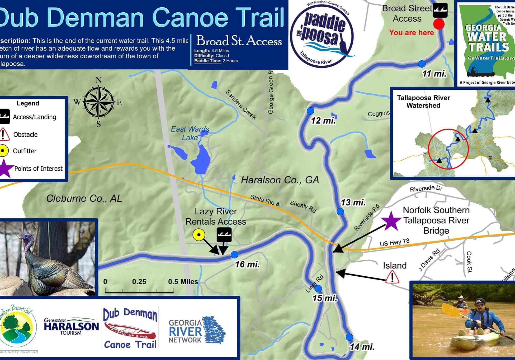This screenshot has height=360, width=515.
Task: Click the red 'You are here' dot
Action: coord(439,24)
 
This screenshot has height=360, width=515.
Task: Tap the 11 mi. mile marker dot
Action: coord(422,64)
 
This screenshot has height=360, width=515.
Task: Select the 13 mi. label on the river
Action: coord(353,203)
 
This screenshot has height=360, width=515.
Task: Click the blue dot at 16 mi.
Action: coord(234,255)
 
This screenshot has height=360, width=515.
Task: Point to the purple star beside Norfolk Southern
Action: coord(391,220)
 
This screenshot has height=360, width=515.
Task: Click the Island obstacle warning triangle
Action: coord(392,277)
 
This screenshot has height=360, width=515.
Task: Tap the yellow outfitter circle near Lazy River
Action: coord(199,235)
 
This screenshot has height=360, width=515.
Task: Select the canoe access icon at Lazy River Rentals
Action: coord(224,234)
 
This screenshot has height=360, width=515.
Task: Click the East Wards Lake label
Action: coord(190,133)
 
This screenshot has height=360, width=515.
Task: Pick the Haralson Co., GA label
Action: coord(280,180)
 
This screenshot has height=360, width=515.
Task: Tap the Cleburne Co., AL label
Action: coord(84,198)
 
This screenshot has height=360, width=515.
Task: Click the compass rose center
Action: coord(99,102)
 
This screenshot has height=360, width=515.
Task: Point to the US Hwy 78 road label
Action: coord(394,242)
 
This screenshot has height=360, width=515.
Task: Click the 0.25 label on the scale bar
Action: coord(139,282)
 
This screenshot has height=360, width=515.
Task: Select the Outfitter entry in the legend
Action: coord(25,151)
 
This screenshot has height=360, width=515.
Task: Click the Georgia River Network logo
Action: coord(197,331)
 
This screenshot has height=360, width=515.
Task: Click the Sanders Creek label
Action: coord(241,105)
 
